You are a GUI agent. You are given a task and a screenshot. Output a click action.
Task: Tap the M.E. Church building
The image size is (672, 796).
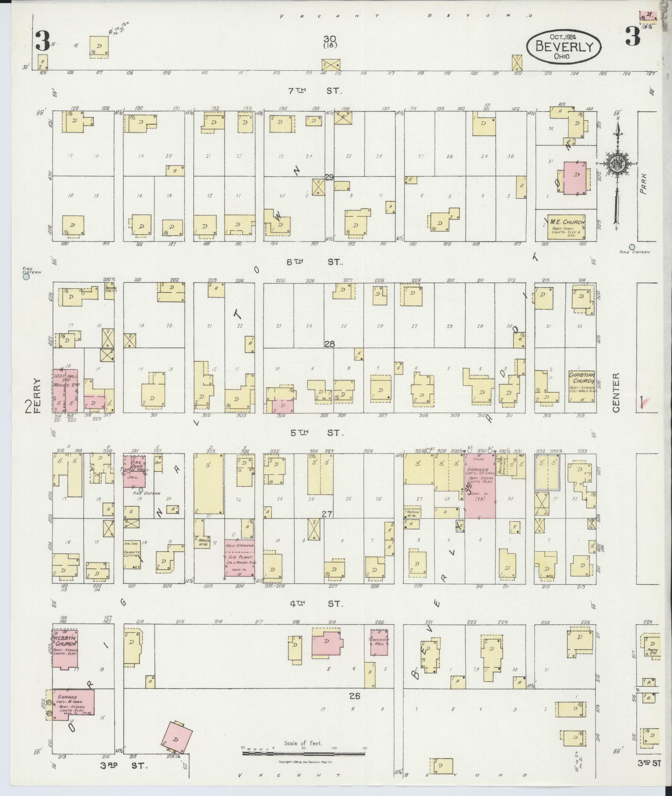(566, 227)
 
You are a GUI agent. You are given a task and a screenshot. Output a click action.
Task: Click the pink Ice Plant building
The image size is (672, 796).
(240, 558)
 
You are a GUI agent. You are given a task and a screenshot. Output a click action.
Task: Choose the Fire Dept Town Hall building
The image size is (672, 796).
(135, 471)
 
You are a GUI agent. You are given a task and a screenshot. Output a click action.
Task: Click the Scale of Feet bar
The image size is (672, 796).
(303, 753)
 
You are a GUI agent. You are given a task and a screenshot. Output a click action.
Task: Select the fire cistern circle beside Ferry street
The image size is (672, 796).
(26, 278)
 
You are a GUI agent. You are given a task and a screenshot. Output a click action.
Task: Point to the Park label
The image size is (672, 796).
(643, 183)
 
